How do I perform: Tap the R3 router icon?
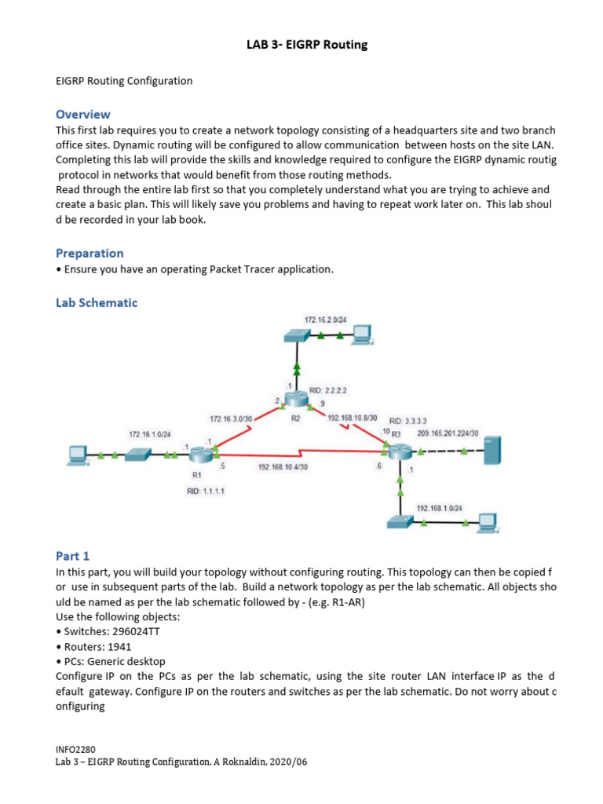399,451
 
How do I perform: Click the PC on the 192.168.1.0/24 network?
487,521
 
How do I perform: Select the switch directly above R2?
297,335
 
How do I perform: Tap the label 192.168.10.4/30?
283,466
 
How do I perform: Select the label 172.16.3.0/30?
232,418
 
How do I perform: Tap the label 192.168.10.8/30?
352,418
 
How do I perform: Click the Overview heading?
82,114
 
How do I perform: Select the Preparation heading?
90,253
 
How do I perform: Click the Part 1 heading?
73,555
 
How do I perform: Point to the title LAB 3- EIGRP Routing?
307,45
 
